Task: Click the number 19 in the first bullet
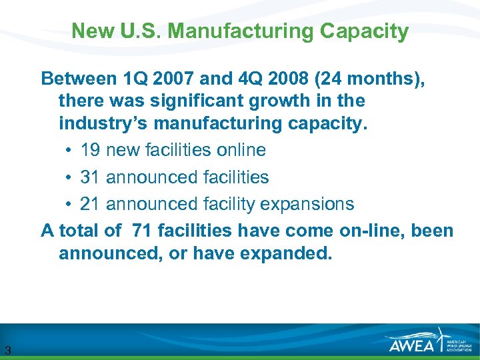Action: point(91,150)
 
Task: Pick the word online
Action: point(241,150)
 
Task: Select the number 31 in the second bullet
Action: point(91,177)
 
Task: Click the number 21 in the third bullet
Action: point(91,203)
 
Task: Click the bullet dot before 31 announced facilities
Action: point(70,177)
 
